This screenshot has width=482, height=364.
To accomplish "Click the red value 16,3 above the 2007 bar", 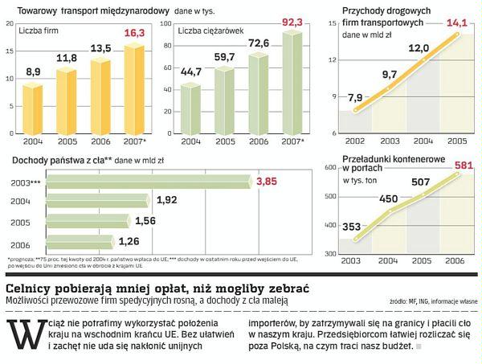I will pyautogui.click(x=133, y=34).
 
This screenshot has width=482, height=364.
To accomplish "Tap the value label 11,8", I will pyautogui.click(x=67, y=58).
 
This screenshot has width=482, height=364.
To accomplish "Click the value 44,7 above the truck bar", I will pyautogui.click(x=190, y=73).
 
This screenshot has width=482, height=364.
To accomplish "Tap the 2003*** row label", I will pyautogui.click(x=23, y=183).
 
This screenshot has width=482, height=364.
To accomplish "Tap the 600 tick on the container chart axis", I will pyautogui.click(x=329, y=167).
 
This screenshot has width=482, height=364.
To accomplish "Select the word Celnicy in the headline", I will pyautogui.click(x=31, y=288).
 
